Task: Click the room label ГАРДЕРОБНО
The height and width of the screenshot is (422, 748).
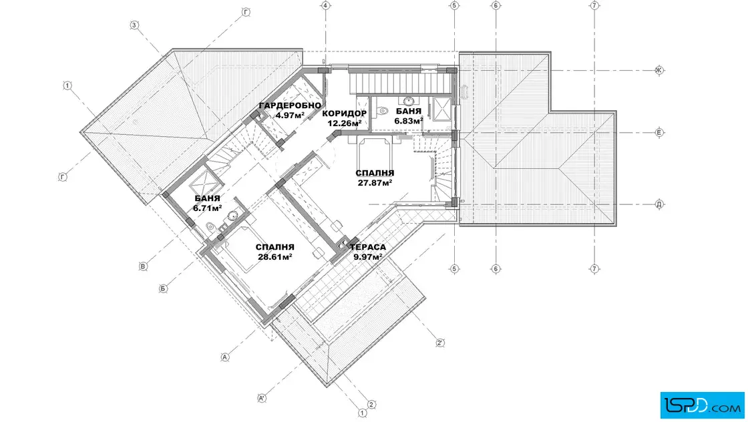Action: [x=290, y=105]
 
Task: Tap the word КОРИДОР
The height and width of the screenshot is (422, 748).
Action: [x=344, y=114]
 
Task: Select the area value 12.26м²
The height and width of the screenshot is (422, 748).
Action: [x=344, y=123]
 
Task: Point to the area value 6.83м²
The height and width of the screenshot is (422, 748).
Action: [x=408, y=121]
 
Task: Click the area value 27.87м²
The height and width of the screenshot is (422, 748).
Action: [x=375, y=183]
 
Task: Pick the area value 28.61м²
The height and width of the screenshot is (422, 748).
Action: [x=274, y=256]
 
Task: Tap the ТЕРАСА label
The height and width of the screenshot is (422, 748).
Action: [x=368, y=247]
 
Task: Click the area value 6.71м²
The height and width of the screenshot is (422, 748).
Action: [x=207, y=208]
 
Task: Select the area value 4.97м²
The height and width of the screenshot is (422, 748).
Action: [x=290, y=115]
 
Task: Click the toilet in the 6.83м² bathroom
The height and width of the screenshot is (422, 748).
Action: [x=383, y=112]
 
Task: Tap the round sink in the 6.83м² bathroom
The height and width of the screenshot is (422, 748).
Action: [x=408, y=101]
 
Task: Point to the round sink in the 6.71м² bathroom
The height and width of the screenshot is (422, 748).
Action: [x=232, y=216]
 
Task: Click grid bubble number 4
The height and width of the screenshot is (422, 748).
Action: [x=325, y=6]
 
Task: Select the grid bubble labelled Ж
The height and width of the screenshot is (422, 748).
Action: [x=659, y=71]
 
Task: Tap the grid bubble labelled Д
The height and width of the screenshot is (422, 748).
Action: [x=659, y=204]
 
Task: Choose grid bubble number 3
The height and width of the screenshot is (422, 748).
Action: [x=134, y=25]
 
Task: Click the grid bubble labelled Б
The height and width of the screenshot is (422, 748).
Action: [x=163, y=288]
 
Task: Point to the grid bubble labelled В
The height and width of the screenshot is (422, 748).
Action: [x=143, y=266]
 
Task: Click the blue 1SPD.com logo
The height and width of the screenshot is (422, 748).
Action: [x=702, y=405]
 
